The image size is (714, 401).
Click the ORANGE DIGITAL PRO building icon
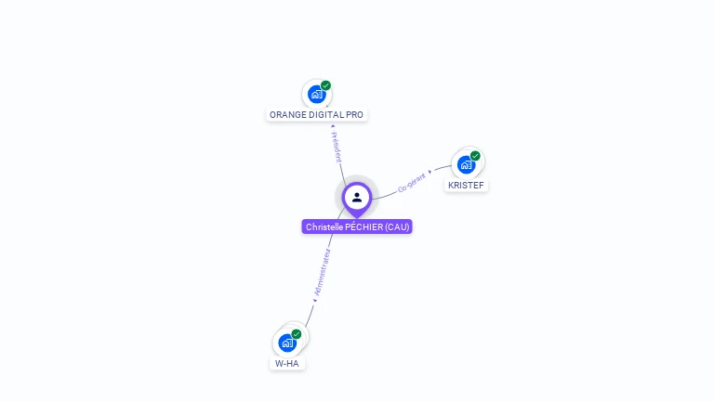(316, 94)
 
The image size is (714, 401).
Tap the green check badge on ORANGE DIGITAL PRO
(325, 85)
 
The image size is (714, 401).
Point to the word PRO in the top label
(355, 115)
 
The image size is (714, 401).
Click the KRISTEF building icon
(466, 164)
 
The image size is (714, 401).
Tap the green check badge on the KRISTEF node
(475, 156)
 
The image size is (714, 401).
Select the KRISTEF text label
(466, 186)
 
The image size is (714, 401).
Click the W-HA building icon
(287, 343)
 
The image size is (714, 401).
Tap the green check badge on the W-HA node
(297, 334)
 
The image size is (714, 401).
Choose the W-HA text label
(287, 364)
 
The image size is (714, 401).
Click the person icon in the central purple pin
(357, 197)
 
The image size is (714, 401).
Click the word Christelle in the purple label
(324, 227)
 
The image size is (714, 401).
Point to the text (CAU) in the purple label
(398, 227)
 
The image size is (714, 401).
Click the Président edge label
(337, 147)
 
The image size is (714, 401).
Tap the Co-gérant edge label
(411, 182)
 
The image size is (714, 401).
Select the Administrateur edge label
(323, 271)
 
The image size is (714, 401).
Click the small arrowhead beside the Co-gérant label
(430, 172)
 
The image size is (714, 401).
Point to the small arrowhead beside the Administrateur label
(314, 300)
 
